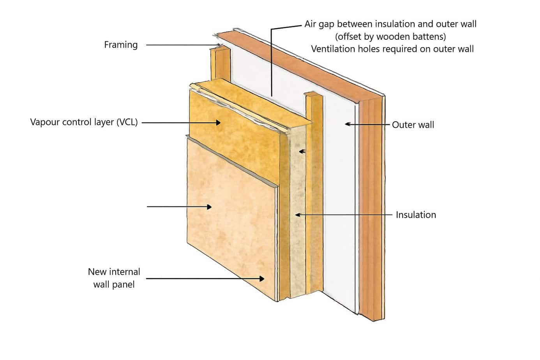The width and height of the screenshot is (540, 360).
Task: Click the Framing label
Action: [x=121, y=45]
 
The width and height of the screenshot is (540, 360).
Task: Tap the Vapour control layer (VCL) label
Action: [x=84, y=122]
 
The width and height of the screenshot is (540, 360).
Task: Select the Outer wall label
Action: [x=413, y=125]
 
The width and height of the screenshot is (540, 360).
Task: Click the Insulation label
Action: [x=416, y=215]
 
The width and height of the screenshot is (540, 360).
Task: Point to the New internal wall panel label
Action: [x=114, y=278]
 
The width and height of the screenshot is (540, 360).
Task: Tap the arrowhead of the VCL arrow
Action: [x=218, y=123]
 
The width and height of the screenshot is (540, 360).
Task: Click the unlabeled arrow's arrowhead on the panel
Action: [x=209, y=207]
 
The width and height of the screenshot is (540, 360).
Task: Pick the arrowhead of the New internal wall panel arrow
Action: [x=262, y=279]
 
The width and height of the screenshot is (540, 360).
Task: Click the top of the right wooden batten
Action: [x=314, y=95]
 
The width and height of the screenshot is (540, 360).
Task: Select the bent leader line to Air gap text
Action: [x=272, y=58]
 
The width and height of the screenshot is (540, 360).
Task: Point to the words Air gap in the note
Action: [x=319, y=24]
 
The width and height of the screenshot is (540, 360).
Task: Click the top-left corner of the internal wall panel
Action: [x=188, y=137]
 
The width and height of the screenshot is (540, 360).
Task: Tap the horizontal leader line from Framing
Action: [x=179, y=45]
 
